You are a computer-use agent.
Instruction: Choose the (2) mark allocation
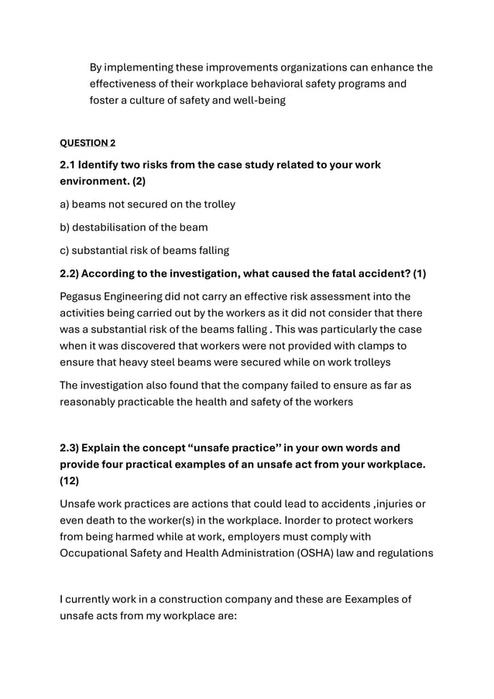[136, 181]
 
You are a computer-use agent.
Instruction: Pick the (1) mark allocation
[419, 273]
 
